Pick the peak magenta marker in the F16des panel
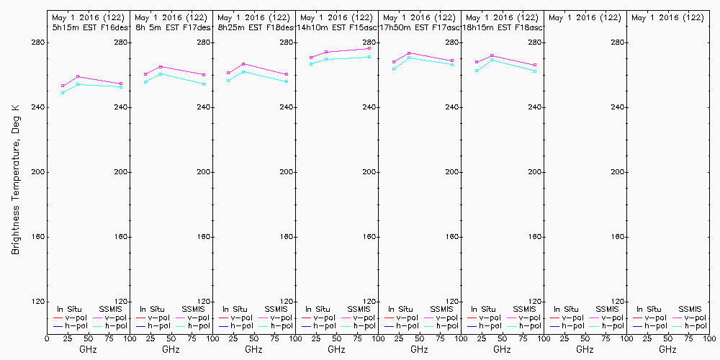[78, 76]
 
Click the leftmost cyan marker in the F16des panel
[63, 93]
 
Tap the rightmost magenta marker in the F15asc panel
[369, 49]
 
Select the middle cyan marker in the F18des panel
[243, 71]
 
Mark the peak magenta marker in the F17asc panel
[409, 53]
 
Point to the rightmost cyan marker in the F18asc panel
[536, 71]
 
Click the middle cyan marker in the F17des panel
[161, 73]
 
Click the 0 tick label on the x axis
[47, 337]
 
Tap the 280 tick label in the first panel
[120, 42]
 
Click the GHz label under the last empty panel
[667, 349]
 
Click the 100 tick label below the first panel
[127, 337]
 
